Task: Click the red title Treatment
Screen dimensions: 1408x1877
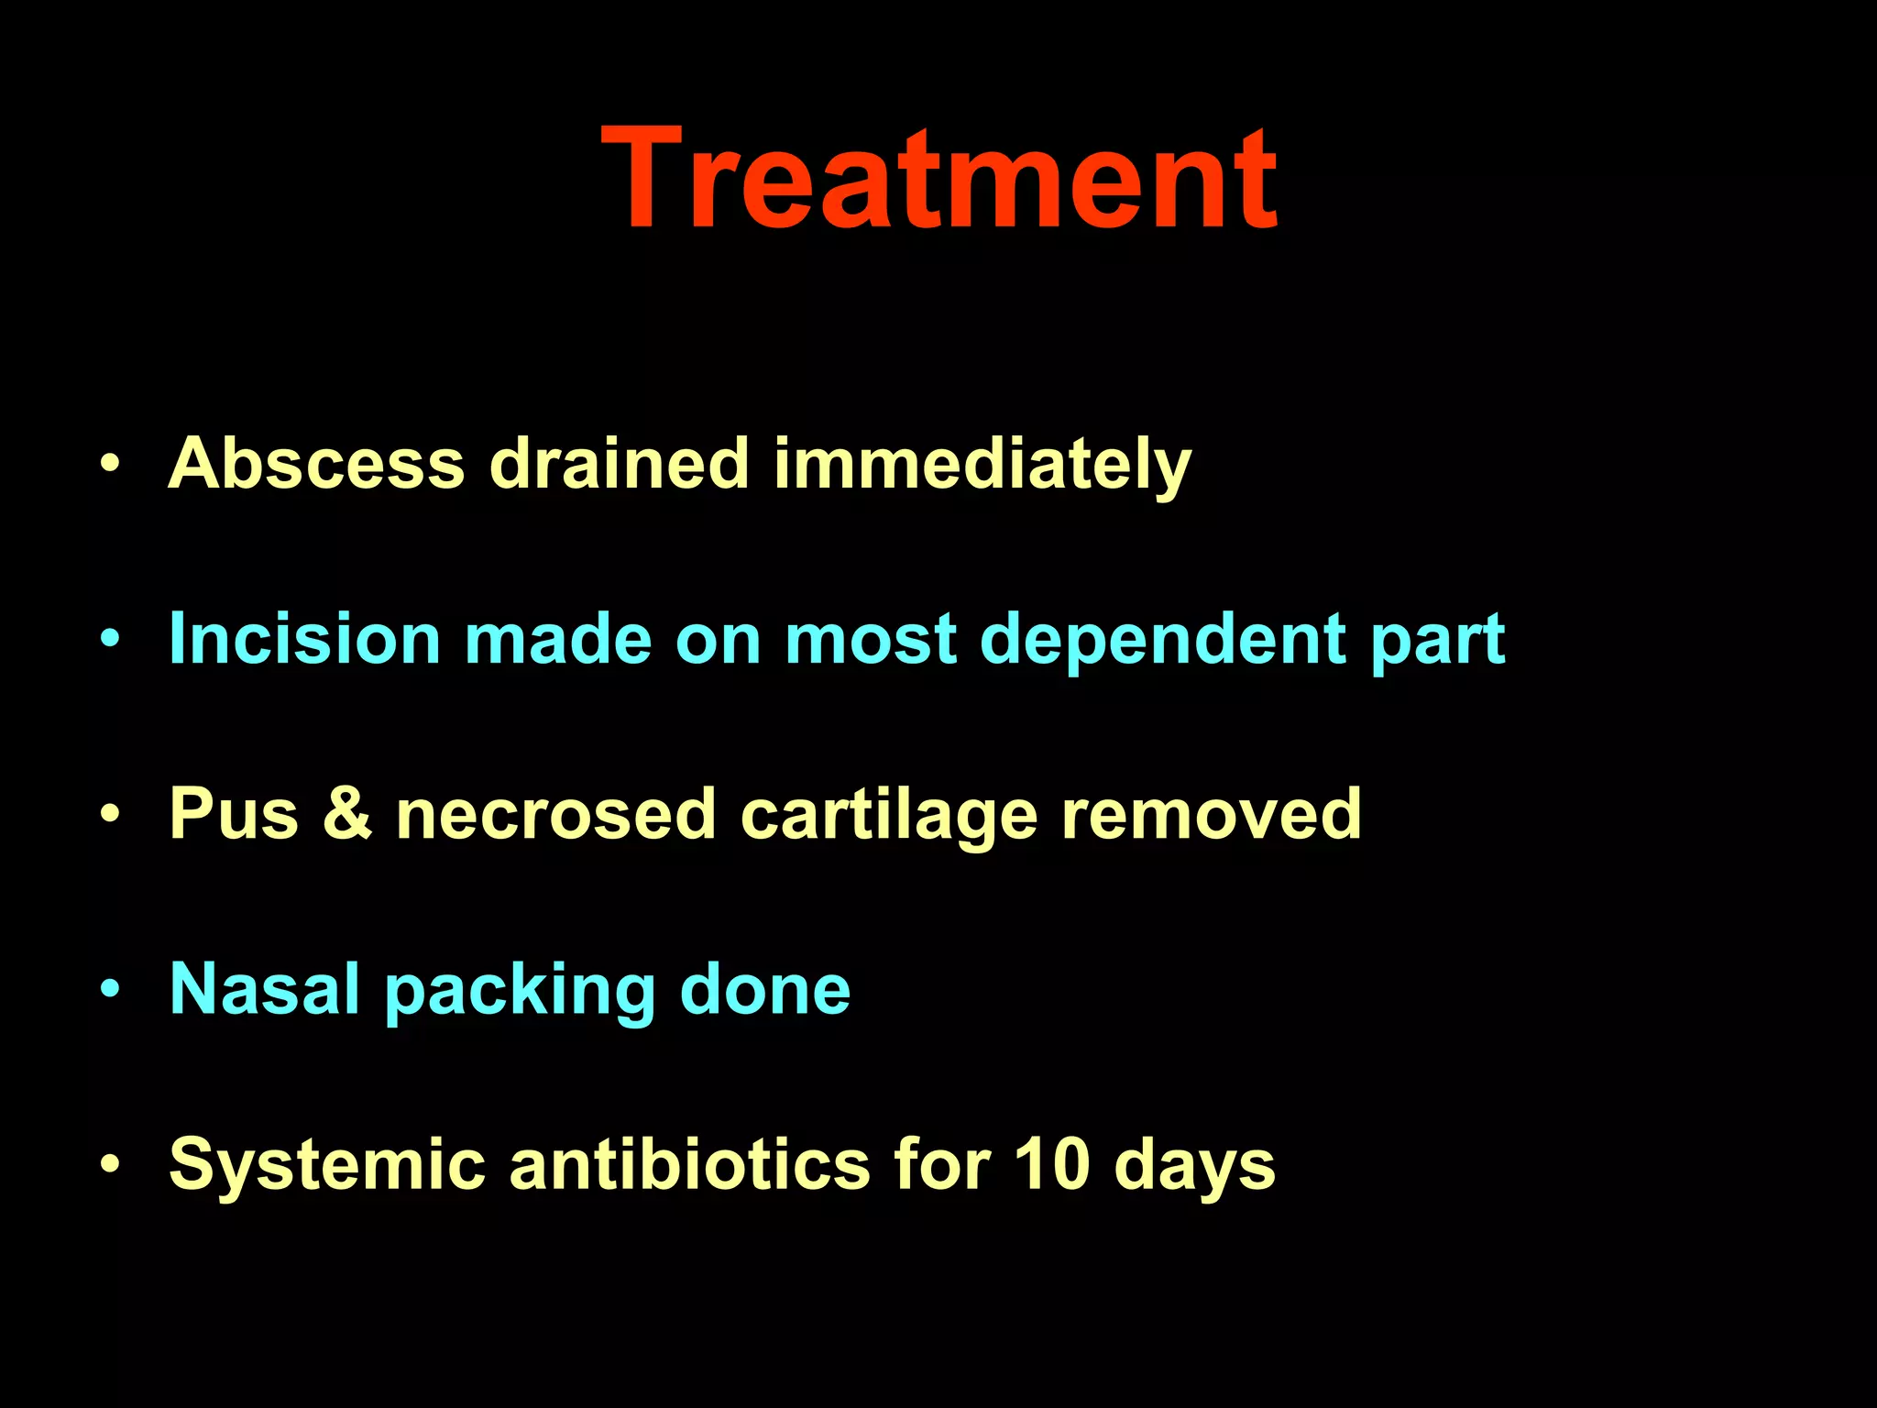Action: point(938,179)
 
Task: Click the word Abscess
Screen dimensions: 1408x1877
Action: point(316,463)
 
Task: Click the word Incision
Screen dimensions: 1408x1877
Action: point(305,639)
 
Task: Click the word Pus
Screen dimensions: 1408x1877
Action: point(234,814)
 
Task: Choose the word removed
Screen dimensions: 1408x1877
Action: point(1211,814)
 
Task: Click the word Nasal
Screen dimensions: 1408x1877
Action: point(265,989)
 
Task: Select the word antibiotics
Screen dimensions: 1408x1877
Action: point(689,1165)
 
